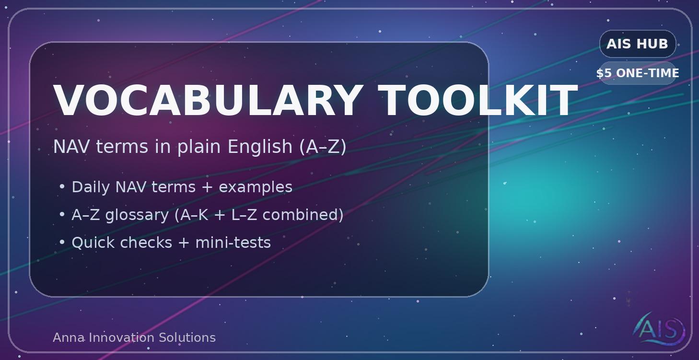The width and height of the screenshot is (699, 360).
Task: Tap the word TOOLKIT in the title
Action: pos(478,101)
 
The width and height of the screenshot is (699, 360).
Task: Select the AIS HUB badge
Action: pos(637,44)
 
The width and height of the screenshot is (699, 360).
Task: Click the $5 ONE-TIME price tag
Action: pos(637,73)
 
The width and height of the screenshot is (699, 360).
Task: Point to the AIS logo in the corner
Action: pos(660,328)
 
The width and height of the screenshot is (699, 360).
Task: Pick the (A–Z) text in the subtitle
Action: pos(323,147)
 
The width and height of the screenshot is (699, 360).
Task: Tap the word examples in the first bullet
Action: pos(256,187)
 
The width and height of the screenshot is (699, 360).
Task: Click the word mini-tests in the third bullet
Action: pos(233,243)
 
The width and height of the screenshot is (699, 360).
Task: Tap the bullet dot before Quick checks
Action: pos(62,243)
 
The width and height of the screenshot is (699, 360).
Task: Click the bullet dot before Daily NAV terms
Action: pos(62,186)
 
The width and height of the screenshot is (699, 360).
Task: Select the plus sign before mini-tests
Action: pos(184,243)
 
